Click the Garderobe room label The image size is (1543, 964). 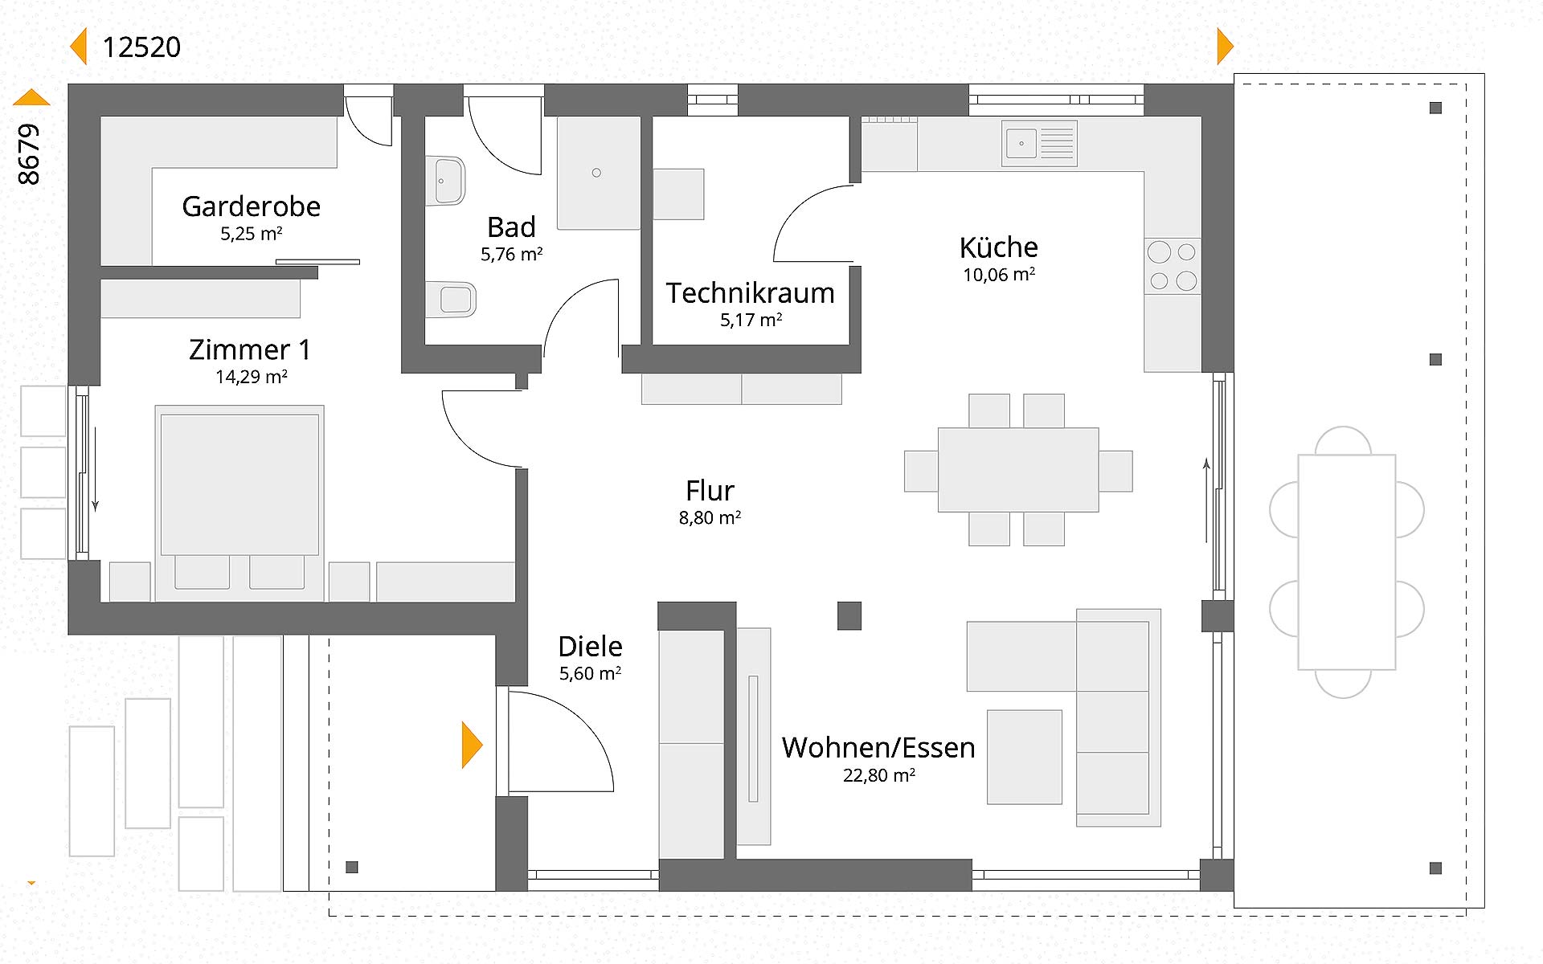point(251,206)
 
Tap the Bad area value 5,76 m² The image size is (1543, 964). point(512,255)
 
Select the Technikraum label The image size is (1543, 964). point(750,293)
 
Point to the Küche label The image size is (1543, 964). point(998,247)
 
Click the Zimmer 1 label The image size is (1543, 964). point(250,350)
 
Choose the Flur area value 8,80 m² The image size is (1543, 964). point(710,518)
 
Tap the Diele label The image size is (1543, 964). point(590,647)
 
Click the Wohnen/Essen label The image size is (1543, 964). point(878,748)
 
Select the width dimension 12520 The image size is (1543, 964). point(141,47)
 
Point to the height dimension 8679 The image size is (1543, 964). point(29,154)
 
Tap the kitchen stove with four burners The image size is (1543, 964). point(1173,266)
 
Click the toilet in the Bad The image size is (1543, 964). point(452,300)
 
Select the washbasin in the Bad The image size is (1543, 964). point(446,181)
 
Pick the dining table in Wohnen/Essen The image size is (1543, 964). point(1017,470)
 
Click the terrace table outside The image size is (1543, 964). point(1346,562)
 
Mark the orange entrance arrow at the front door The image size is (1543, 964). point(472,745)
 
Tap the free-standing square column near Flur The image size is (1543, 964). point(849,616)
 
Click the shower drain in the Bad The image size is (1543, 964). point(596,173)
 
